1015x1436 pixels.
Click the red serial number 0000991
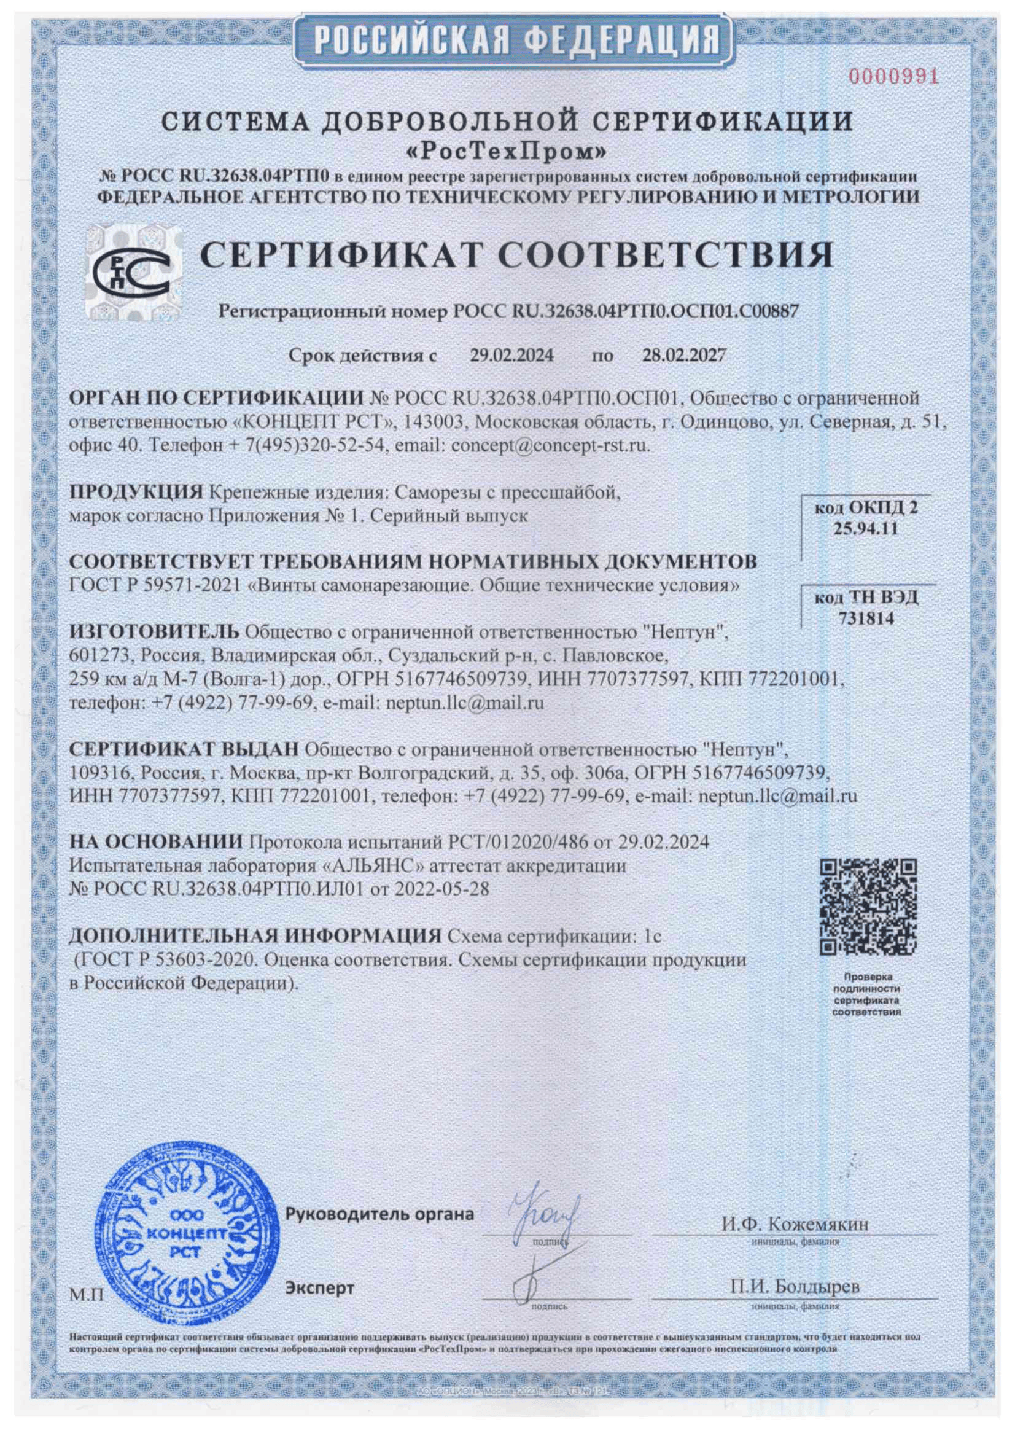click(x=893, y=77)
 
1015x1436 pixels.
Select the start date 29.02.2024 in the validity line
click(x=511, y=356)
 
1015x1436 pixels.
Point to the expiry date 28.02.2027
click(x=684, y=356)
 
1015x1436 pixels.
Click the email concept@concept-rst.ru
click(x=550, y=445)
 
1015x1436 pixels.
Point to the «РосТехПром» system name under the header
click(x=507, y=150)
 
